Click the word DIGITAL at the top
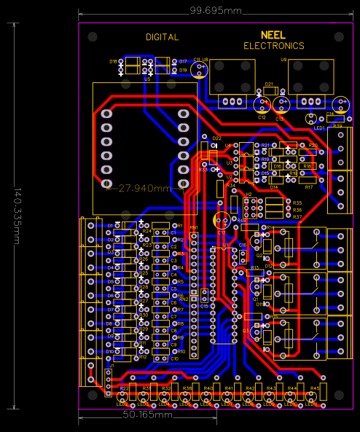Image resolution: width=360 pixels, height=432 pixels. [162, 37]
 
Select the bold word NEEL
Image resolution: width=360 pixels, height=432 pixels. [273, 35]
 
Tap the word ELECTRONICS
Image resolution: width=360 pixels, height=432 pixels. [274, 46]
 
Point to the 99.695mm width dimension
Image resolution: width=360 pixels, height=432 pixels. [216, 11]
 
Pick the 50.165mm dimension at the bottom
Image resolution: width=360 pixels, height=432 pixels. [147, 415]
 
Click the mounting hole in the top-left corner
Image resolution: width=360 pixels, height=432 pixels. [93, 37]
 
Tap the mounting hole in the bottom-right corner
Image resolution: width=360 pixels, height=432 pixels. [339, 394]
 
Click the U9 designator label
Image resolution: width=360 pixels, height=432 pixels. [283, 60]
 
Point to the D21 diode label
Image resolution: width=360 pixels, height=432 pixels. [268, 85]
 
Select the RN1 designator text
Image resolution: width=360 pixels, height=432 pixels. [193, 228]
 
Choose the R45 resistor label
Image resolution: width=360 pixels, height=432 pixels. [315, 388]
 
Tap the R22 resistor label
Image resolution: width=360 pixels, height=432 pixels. [124, 388]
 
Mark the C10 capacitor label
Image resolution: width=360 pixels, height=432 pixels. [174, 359]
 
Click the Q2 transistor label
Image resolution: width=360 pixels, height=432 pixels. [259, 256]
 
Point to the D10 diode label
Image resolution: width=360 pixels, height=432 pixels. [109, 351]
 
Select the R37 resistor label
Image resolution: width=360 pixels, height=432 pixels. [297, 217]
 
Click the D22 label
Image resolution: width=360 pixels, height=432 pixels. [216, 138]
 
